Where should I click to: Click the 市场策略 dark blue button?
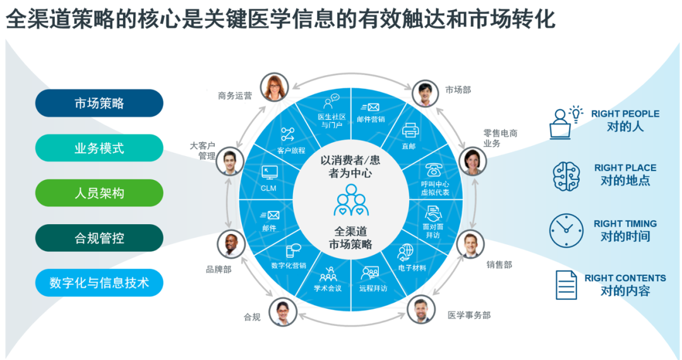[x=99, y=103]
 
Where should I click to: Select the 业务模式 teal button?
[x=99, y=148]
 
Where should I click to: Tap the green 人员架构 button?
[x=99, y=193]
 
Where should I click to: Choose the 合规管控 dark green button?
[x=99, y=237]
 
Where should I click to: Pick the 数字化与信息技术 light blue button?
[x=99, y=282]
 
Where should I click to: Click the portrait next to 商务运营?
[x=275, y=88]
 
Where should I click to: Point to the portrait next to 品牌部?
[x=230, y=243]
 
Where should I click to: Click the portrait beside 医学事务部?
[x=421, y=309]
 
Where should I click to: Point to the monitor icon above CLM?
[x=269, y=171]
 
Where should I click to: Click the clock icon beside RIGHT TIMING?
[x=566, y=230]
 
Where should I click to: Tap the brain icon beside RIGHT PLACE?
[x=566, y=176]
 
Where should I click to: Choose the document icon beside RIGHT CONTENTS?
[x=566, y=284]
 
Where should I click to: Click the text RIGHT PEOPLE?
[x=625, y=114]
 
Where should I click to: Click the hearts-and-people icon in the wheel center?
[x=350, y=203]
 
